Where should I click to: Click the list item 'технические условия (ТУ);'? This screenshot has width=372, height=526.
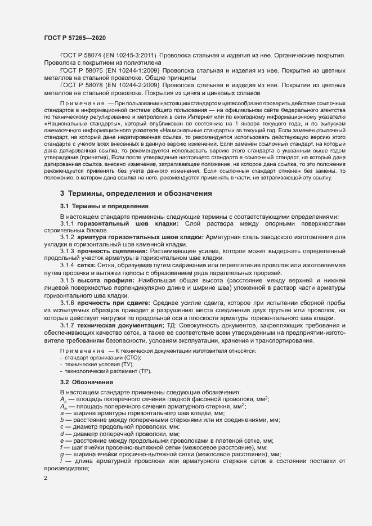99,365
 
